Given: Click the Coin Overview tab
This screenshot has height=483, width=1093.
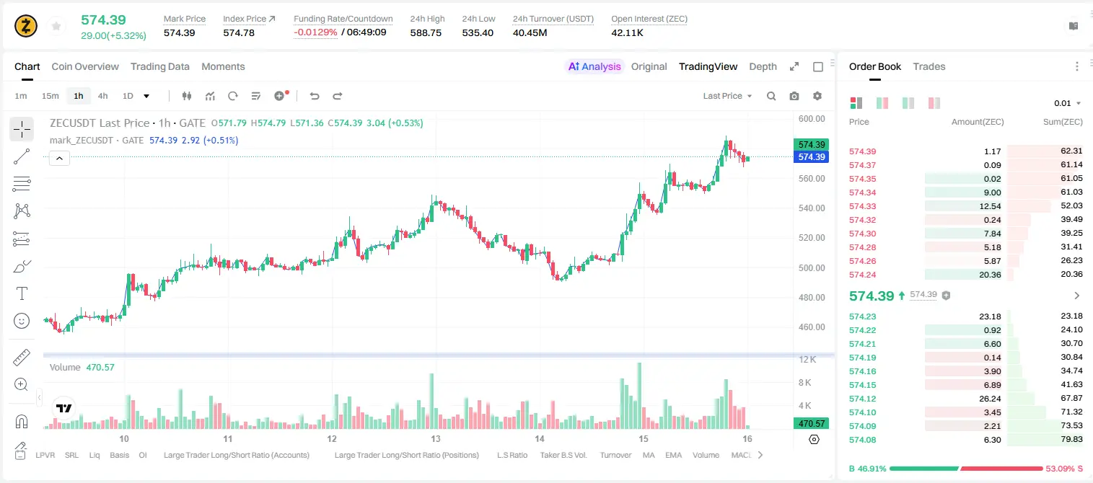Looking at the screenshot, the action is click(85, 66).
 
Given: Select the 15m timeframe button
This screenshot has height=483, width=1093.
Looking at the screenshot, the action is click(50, 96).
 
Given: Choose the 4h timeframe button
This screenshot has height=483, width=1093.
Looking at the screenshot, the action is click(102, 96).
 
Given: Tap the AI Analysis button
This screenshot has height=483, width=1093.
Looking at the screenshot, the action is click(594, 66).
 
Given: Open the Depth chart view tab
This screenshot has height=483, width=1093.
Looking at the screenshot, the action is click(763, 66).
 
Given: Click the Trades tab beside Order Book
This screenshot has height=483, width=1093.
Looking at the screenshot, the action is click(929, 66).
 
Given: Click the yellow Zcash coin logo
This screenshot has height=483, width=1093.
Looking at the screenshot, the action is click(26, 26).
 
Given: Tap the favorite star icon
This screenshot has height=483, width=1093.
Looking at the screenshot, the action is click(56, 26).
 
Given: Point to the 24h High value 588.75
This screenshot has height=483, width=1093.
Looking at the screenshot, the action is click(426, 32).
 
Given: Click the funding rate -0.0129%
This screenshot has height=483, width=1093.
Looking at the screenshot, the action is click(315, 32).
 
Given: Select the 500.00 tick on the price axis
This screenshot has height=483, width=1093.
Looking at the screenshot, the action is click(812, 267).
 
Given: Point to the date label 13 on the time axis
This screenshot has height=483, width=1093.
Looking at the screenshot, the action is click(435, 438).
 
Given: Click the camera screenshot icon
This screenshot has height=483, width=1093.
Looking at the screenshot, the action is click(794, 96).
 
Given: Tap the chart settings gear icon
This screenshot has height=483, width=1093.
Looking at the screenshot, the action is click(817, 96).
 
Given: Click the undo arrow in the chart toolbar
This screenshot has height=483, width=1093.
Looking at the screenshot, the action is click(315, 96).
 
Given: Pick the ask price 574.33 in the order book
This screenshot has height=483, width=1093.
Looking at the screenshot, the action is click(862, 206).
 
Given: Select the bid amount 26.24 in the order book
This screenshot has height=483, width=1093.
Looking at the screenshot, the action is click(990, 399).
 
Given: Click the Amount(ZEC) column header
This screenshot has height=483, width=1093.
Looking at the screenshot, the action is click(978, 122).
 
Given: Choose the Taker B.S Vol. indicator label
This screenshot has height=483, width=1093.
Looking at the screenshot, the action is click(563, 455).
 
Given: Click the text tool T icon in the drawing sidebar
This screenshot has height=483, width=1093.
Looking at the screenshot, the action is click(22, 293).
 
